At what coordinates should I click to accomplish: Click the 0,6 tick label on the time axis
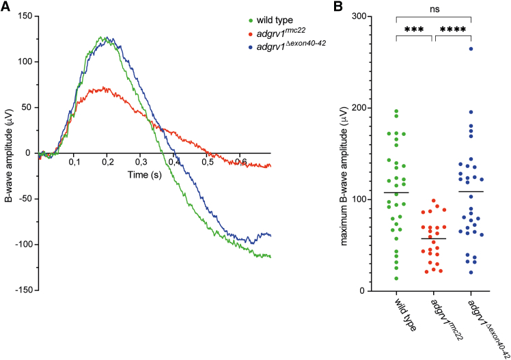point(240,161)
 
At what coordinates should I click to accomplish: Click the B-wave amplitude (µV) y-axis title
point(8,152)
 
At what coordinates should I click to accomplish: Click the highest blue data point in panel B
point(471,49)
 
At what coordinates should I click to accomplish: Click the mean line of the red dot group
point(433,238)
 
